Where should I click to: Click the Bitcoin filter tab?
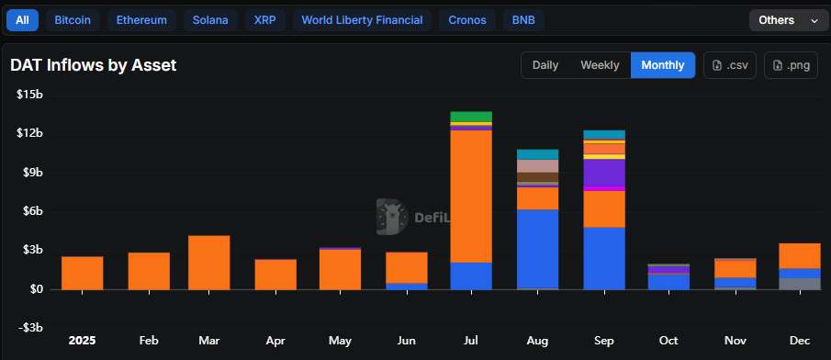(x=73, y=19)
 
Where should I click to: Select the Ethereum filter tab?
(x=141, y=19)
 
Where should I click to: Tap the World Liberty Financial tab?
(x=362, y=19)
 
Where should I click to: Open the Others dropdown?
(x=788, y=20)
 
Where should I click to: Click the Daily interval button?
(x=545, y=65)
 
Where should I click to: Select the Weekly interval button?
(x=600, y=65)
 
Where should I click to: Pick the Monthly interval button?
(x=663, y=65)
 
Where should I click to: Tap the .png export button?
(x=791, y=65)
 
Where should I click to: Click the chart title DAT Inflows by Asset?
(x=93, y=65)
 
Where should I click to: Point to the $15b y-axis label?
(x=29, y=95)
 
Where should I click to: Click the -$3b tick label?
(x=30, y=328)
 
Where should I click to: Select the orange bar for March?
(x=208, y=263)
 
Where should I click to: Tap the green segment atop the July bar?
(x=471, y=117)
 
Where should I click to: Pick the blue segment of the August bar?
(x=537, y=249)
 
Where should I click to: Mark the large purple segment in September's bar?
(x=603, y=173)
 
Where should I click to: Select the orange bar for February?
(x=149, y=271)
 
